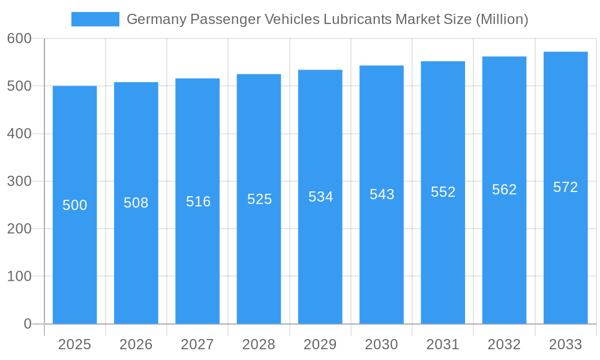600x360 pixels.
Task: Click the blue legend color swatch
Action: point(95,19)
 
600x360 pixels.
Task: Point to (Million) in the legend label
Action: point(502,19)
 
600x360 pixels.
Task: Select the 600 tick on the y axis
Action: point(19,38)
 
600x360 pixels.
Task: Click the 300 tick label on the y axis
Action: point(19,181)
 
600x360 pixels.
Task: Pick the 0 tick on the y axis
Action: point(27,324)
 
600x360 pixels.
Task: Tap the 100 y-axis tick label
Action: point(19,277)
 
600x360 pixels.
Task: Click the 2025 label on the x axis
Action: point(74,344)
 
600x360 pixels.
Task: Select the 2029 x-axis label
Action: point(320,344)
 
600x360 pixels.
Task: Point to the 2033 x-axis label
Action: point(565,344)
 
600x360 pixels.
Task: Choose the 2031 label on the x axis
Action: point(443,344)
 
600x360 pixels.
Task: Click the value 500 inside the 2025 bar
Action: point(75,205)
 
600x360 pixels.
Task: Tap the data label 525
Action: point(259,199)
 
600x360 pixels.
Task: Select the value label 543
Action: point(382,194)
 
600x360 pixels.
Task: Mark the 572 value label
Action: point(565,187)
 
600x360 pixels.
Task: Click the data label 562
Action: point(504,190)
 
